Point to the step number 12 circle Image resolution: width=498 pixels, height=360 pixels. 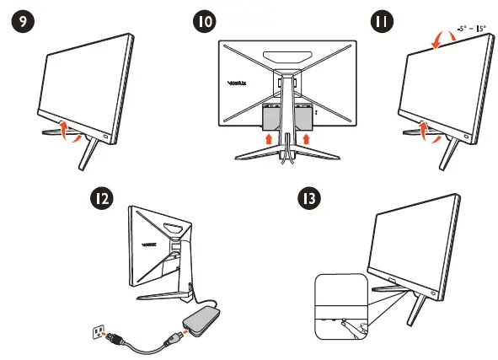pos(102,199)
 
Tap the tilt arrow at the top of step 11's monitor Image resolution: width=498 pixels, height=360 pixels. pos(438,40)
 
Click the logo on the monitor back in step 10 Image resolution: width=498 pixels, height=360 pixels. pos(237,83)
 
